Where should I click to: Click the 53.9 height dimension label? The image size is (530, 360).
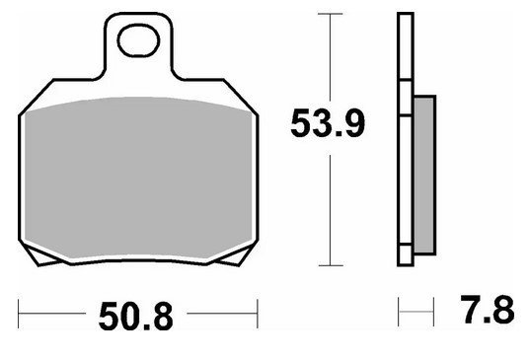click(328, 123)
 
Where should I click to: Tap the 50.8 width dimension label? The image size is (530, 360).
click(136, 317)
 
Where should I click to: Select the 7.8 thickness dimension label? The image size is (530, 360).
click(488, 310)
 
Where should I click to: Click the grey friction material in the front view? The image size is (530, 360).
click(138, 178)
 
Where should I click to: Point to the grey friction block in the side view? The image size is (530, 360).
click(424, 175)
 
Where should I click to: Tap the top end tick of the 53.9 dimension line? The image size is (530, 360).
click(331, 14)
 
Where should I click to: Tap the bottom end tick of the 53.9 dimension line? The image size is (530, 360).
click(331, 265)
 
